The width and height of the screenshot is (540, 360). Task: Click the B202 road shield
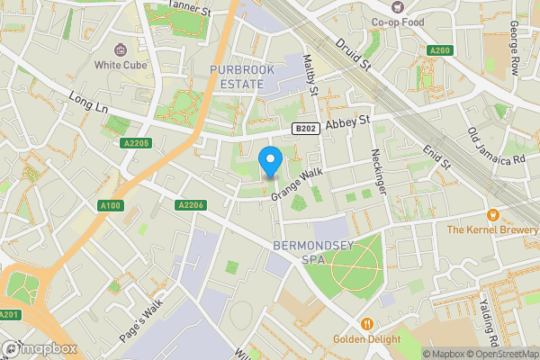click(306, 130)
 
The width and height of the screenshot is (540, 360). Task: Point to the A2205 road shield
click(134, 143)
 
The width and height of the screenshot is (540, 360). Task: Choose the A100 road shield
click(111, 206)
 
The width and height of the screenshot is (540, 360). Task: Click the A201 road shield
click(10, 314)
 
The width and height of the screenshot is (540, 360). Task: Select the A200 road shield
click(439, 50)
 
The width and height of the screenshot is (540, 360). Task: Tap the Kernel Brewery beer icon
click(492, 215)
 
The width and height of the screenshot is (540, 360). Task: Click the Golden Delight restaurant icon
click(366, 324)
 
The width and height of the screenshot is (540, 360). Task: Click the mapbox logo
click(38, 347)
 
